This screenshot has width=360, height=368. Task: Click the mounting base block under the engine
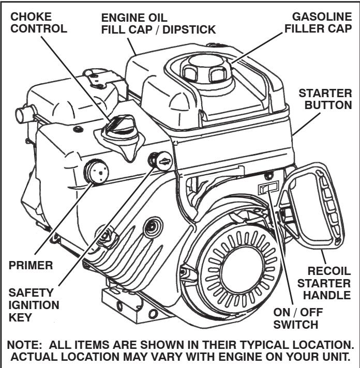(129, 302)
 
